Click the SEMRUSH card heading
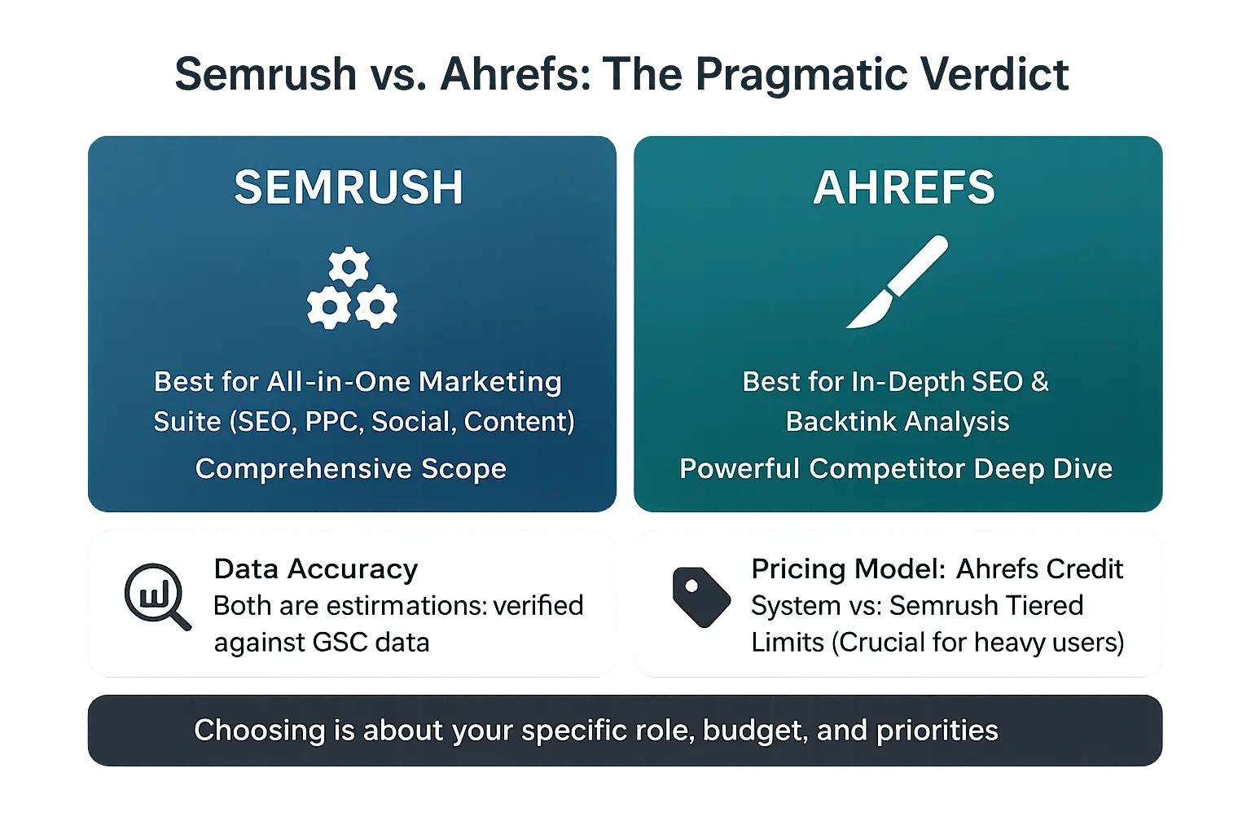click(349, 187)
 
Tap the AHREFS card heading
click(904, 187)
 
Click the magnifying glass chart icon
click(156, 596)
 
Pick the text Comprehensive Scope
click(351, 468)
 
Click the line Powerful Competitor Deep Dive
click(896, 468)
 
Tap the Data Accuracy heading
click(316, 568)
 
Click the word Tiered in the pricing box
click(1045, 605)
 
